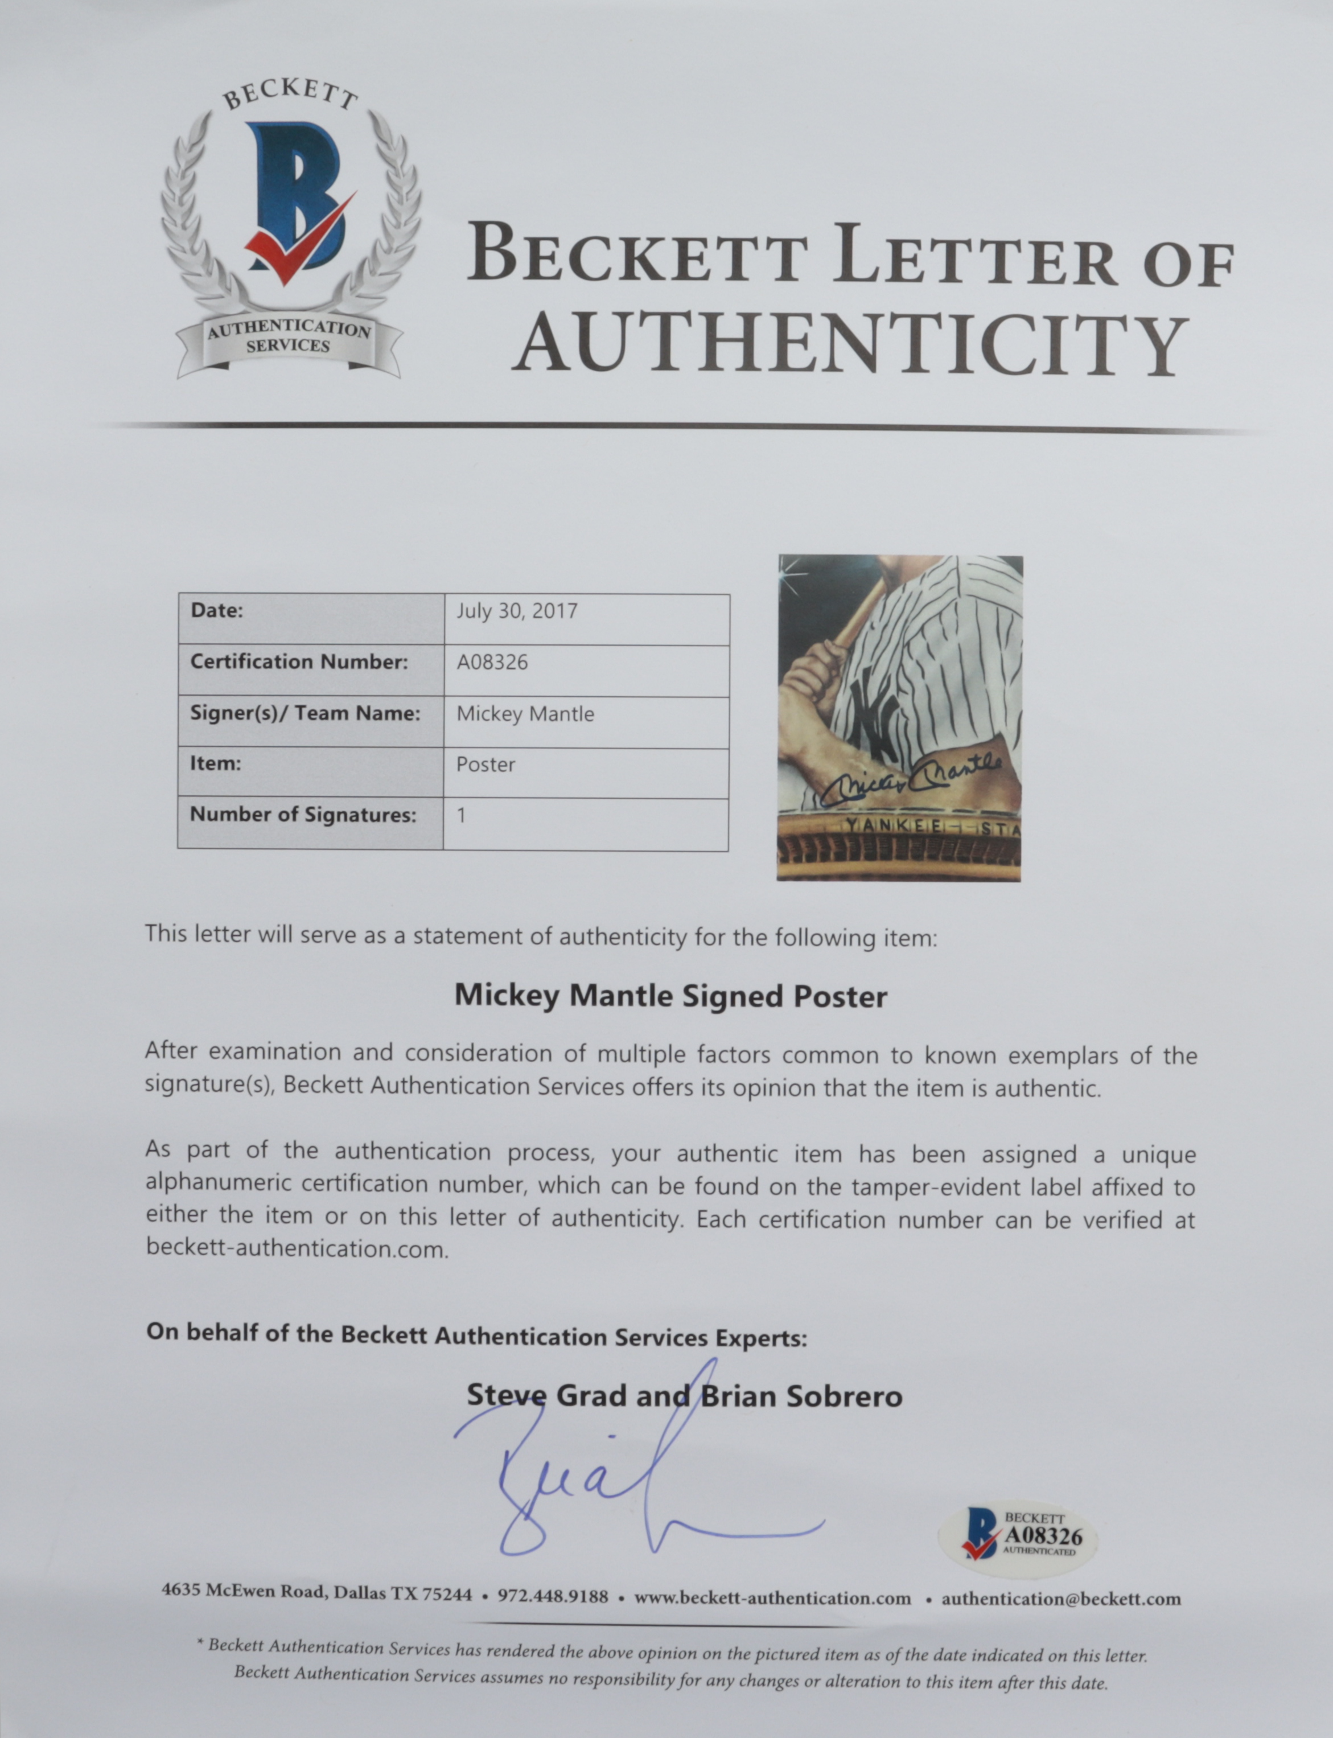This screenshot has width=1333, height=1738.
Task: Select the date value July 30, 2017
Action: click(517, 611)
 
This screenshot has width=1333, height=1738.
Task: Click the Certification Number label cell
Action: click(299, 662)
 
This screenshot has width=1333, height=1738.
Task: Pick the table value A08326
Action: click(492, 662)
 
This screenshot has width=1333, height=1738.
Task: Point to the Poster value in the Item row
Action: click(486, 764)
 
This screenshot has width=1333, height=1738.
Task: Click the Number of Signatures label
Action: click(303, 815)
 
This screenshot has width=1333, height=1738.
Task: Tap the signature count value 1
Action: click(462, 815)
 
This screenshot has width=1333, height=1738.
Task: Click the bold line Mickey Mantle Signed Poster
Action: click(670, 996)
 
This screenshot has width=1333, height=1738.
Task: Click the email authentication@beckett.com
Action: click(1061, 1599)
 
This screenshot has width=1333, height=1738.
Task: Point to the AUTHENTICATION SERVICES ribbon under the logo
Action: click(288, 337)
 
